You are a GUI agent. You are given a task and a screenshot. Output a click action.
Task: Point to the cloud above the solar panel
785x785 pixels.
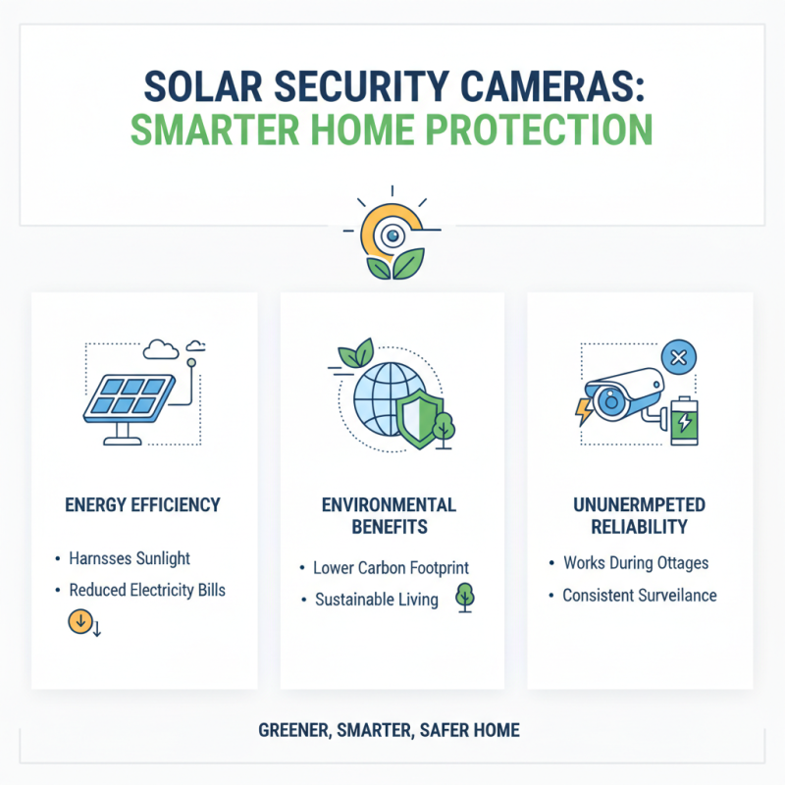click(x=159, y=349)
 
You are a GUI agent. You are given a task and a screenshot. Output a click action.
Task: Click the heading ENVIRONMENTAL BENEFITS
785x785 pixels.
click(x=390, y=516)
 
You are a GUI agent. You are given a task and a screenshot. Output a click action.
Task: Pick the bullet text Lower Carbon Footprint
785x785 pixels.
click(x=391, y=567)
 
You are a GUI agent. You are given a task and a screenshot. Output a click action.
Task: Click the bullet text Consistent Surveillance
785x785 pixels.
click(x=639, y=595)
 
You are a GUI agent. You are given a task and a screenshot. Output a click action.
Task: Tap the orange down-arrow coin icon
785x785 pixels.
click(x=78, y=621)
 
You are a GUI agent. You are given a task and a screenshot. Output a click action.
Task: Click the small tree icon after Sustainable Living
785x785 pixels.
click(x=464, y=598)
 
